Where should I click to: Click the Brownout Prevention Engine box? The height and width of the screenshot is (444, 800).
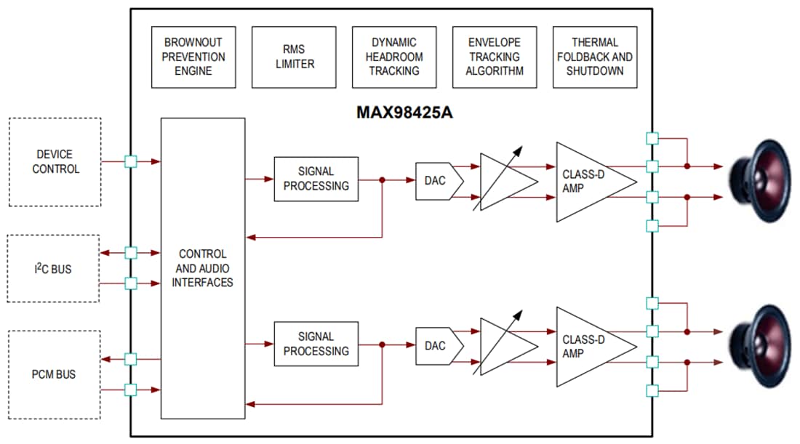tap(193, 57)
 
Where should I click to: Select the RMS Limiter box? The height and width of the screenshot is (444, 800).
tap(294, 57)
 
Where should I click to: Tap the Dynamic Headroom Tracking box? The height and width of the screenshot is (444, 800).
tap(394, 57)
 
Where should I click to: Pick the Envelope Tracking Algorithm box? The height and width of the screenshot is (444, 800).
tap(495, 57)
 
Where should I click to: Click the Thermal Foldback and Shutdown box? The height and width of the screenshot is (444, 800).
tap(595, 57)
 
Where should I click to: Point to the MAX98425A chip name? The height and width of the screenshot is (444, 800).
tap(404, 113)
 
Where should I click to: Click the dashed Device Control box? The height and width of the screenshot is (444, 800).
tap(55, 162)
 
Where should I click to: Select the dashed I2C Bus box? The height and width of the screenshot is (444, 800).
tap(53, 269)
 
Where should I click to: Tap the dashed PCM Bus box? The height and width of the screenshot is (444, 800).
tap(54, 375)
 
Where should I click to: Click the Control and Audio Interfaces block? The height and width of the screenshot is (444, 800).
tap(202, 268)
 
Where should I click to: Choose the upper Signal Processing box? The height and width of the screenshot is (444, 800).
tap(316, 179)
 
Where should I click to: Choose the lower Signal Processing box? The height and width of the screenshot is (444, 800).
tap(316, 344)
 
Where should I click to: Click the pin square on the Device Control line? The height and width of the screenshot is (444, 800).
tap(131, 162)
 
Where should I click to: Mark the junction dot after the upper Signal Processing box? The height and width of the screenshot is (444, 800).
tap(383, 179)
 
